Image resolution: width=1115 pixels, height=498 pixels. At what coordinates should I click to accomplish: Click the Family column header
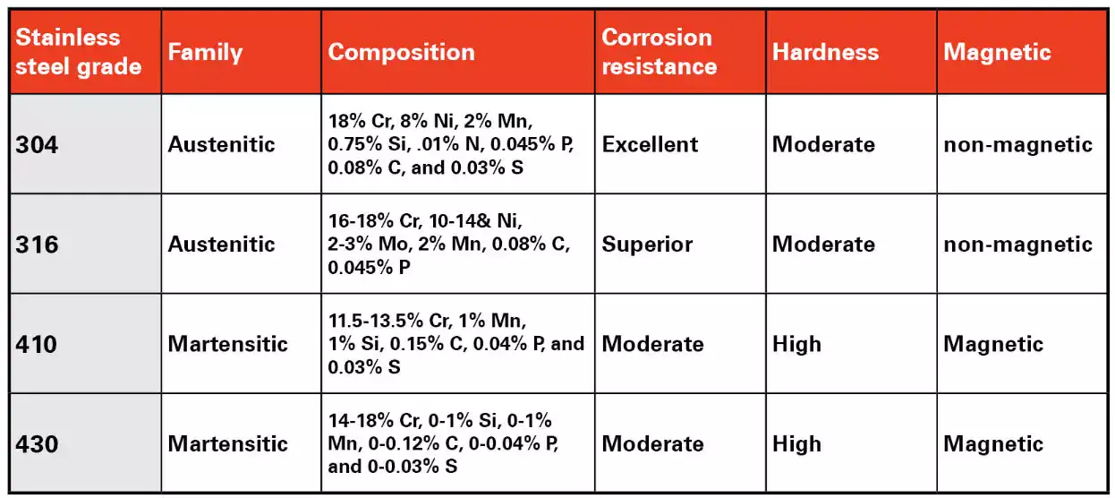(x=205, y=52)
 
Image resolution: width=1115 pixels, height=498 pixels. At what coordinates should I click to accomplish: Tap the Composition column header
(x=401, y=52)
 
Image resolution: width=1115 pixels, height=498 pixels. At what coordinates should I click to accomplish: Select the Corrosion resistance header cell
(x=659, y=52)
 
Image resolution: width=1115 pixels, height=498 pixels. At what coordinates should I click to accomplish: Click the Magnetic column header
(x=996, y=52)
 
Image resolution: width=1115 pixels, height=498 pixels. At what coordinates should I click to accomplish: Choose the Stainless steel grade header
(x=79, y=52)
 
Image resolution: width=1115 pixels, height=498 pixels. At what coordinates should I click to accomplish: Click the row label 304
(x=37, y=145)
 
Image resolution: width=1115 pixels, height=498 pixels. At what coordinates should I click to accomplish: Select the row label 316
(x=37, y=245)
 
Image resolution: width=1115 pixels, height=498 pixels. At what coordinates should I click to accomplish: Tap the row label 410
(x=37, y=344)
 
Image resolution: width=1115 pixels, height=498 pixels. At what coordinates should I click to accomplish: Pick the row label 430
(x=37, y=443)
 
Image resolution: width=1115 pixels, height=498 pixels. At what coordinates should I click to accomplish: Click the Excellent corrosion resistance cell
(x=650, y=145)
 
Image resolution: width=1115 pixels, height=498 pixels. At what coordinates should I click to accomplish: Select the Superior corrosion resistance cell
(x=647, y=245)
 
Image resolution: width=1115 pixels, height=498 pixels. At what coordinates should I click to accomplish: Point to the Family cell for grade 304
(x=221, y=145)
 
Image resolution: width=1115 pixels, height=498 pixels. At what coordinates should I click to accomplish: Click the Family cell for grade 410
(x=227, y=344)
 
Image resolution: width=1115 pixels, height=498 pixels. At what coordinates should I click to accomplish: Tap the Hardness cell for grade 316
(x=823, y=245)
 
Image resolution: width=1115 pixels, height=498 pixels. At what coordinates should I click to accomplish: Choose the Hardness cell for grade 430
(x=796, y=443)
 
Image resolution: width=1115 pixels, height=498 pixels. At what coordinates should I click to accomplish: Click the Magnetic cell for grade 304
(x=1017, y=145)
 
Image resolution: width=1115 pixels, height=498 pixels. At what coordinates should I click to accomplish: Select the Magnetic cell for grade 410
(x=993, y=344)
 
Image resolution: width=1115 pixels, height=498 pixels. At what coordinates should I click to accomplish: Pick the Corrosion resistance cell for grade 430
(x=652, y=443)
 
